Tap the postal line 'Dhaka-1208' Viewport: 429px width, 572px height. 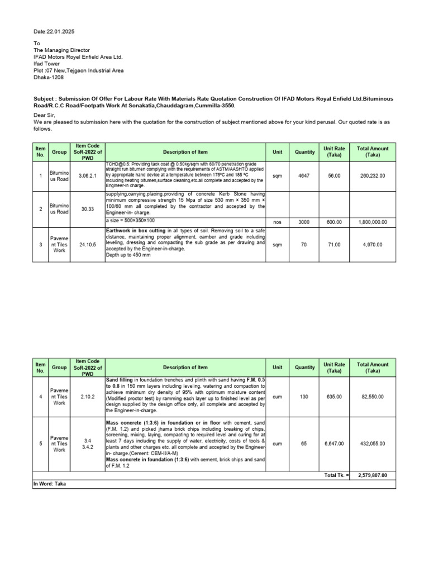pyautogui.click(x=49, y=78)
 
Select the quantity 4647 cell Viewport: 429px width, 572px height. pyautogui.click(x=304, y=175)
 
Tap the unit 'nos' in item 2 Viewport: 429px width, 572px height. pyautogui.click(x=277, y=222)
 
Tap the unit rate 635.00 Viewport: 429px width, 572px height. pyautogui.click(x=335, y=396)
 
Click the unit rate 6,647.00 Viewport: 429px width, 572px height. pyautogui.click(x=335, y=444)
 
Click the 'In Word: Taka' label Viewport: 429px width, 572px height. pyautogui.click(x=50, y=484)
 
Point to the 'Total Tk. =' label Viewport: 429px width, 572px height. pyautogui.click(x=336, y=475)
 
